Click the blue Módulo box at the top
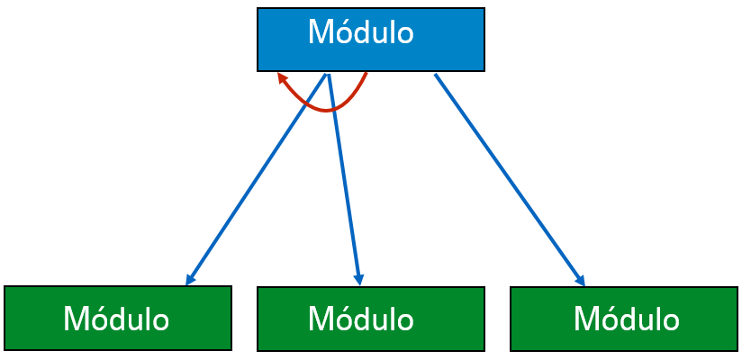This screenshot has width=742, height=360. click(370, 40)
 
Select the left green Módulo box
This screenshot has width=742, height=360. click(117, 318)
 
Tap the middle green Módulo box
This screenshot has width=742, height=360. click(370, 318)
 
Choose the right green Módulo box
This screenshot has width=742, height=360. click(623, 318)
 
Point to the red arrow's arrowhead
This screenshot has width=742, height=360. click(282, 78)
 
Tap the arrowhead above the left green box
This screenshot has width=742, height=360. click(190, 278)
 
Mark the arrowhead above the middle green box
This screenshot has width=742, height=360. click(358, 278)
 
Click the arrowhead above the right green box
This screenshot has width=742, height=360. click(580, 278)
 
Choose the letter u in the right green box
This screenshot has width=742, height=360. click(648, 321)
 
